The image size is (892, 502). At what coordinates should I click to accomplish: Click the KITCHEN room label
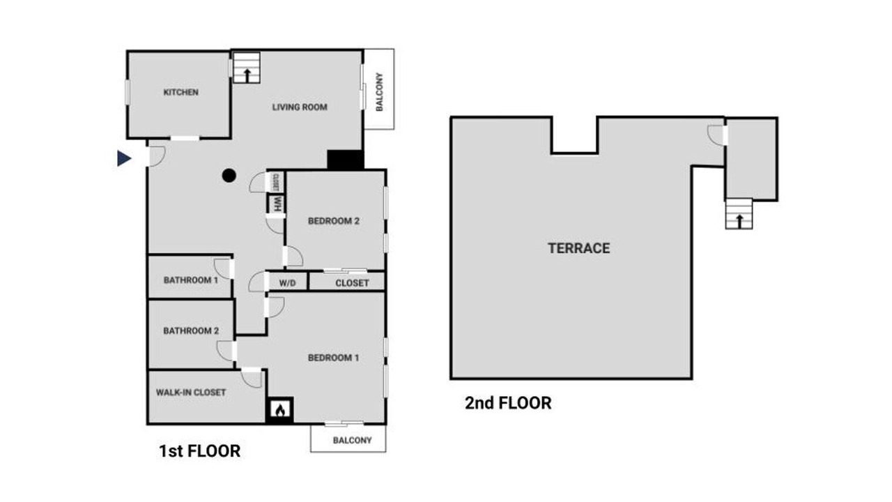click(180, 93)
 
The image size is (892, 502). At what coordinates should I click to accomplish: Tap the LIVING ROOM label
click(300, 107)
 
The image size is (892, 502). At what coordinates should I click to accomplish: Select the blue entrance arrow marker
click(124, 158)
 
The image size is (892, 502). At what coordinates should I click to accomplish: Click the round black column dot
click(229, 175)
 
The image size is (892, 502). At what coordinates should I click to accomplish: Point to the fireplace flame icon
click(280, 410)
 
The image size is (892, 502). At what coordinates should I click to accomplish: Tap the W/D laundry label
click(287, 283)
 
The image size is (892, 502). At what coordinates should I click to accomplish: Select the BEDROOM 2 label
click(334, 221)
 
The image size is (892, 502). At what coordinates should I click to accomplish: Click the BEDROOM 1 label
click(334, 358)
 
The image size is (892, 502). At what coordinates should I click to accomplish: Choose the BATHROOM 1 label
click(191, 280)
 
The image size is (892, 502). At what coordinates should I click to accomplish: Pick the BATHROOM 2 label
click(191, 330)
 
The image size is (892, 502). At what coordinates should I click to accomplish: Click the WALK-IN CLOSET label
click(191, 393)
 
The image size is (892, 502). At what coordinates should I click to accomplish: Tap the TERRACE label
click(578, 248)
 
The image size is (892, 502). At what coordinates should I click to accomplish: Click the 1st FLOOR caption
click(199, 451)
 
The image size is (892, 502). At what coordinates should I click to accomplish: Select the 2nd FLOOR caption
click(508, 403)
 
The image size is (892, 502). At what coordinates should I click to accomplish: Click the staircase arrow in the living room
click(247, 75)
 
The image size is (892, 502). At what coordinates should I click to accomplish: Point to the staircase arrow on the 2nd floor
click(739, 221)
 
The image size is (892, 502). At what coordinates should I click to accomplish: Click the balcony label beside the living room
click(380, 92)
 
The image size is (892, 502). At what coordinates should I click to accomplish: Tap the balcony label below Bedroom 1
click(352, 440)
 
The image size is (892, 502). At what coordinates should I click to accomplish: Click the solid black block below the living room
click(345, 160)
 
